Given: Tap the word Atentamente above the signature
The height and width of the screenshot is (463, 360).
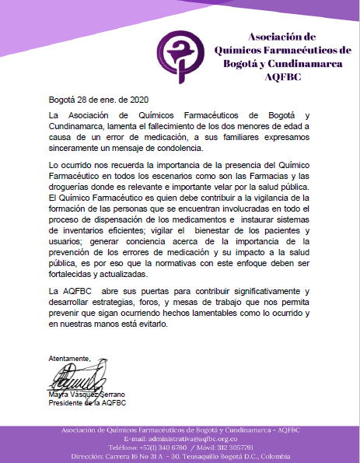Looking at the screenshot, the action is [x=69, y=358].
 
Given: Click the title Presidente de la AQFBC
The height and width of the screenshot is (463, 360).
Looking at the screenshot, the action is [x=86, y=402].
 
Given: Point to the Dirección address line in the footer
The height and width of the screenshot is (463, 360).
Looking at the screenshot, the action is [x=180, y=456].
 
